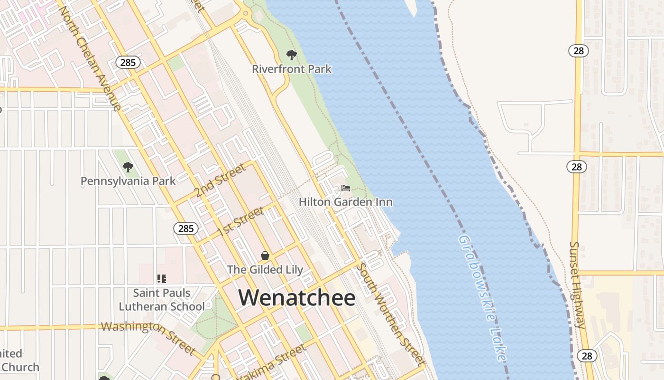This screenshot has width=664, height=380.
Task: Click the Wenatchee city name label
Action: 297,298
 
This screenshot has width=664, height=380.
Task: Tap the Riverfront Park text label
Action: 292,69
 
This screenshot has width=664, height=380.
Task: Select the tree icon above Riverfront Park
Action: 292,55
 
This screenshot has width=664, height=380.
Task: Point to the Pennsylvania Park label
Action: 128,181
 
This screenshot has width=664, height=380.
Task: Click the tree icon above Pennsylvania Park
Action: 128,167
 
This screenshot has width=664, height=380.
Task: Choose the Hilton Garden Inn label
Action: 346,202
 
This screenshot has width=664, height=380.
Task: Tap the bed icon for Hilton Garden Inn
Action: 346,188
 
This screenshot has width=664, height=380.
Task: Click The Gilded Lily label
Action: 265,269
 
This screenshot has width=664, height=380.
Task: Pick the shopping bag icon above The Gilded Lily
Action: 265,256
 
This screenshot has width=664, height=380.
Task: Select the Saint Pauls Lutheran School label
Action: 162,300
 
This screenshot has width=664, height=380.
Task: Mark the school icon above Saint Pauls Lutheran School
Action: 162,279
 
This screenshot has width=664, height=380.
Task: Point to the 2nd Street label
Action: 220,180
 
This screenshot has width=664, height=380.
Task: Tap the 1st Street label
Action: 240,221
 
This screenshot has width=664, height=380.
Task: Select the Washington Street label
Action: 148,336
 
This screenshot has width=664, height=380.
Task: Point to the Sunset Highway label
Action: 578,285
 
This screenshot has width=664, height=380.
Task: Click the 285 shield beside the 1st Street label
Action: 186,228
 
